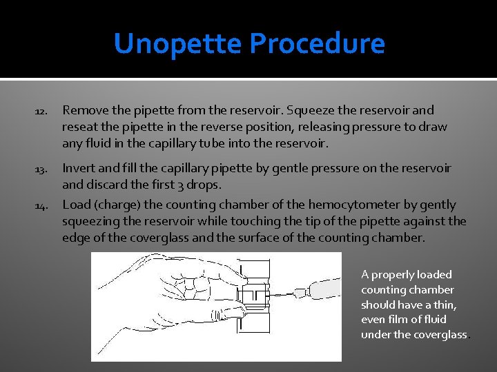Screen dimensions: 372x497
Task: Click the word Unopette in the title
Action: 178,44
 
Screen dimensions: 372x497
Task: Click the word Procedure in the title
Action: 317,44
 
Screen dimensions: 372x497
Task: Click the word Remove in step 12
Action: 84,110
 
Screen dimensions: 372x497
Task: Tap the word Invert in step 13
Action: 79,168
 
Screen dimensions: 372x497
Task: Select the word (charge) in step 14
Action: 119,205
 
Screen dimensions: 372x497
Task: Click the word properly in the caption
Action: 393,275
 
